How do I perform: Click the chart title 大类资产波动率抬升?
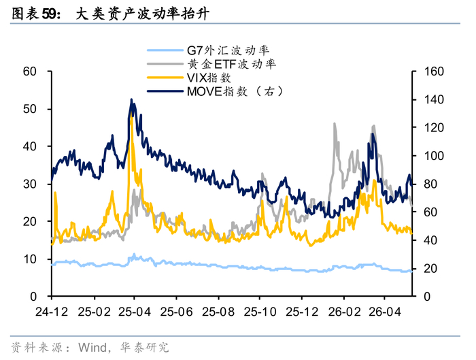[x=142, y=14]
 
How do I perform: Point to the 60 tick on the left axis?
[x=29, y=71]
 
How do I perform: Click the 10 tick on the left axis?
[x=29, y=259]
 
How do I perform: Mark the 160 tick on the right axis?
[x=434, y=71]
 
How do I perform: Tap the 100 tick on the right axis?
[x=434, y=156]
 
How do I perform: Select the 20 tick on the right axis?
[x=430, y=269]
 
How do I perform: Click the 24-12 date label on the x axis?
[x=52, y=312]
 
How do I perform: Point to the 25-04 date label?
[x=135, y=312]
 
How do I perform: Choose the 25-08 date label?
[x=218, y=312]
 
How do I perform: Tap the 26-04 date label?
[x=385, y=312]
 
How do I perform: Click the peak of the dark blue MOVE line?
[x=131, y=99]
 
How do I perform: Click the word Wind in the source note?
[x=92, y=347]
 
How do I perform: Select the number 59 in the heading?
[x=49, y=14]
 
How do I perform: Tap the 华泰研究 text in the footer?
[x=144, y=347]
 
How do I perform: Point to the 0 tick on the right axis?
[x=427, y=297]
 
